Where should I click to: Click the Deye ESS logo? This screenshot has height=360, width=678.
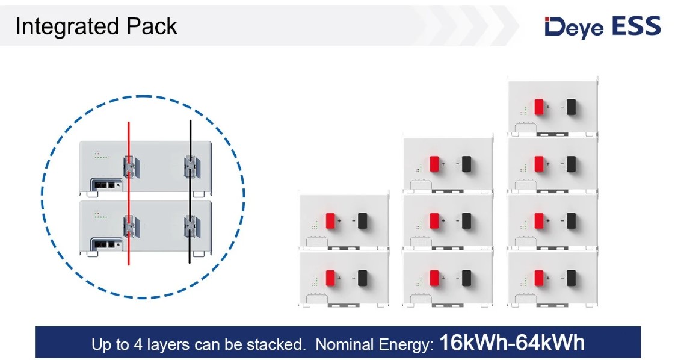click(x=602, y=26)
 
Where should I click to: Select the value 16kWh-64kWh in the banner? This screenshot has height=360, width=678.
click(x=511, y=343)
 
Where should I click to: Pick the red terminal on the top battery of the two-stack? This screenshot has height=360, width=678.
click(x=330, y=221)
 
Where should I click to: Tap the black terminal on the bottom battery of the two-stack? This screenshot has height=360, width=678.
click(x=362, y=278)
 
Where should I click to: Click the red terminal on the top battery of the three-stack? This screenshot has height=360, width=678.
click(x=434, y=164)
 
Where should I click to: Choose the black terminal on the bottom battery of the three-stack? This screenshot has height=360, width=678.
click(x=467, y=278)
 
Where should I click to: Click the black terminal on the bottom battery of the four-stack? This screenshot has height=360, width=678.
click(x=570, y=278)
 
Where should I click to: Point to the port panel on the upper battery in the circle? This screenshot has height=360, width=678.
click(x=105, y=185)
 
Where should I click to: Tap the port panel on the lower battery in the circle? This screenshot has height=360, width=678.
click(x=105, y=244)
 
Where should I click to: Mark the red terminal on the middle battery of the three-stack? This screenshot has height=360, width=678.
click(x=434, y=221)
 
